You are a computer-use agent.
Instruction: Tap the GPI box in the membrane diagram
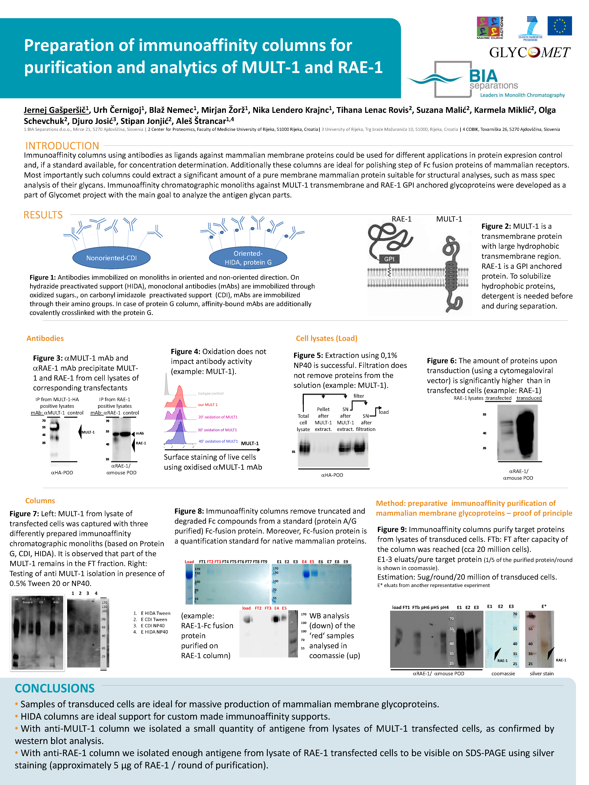click(x=389, y=259)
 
